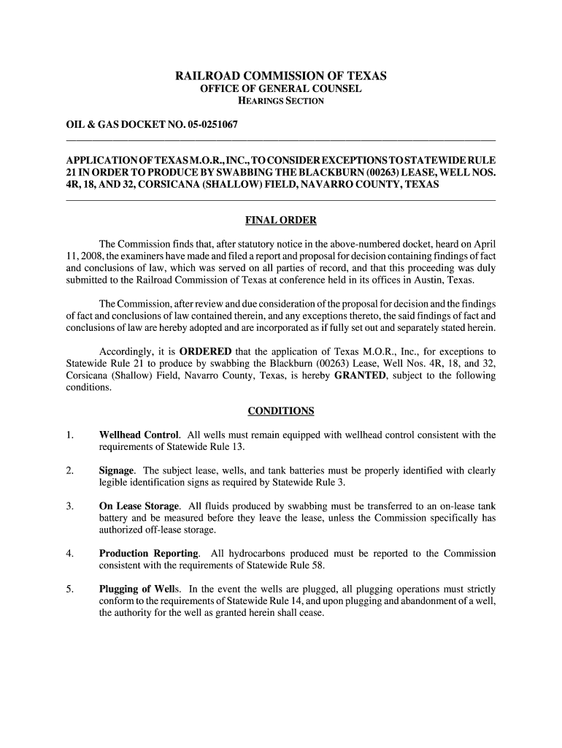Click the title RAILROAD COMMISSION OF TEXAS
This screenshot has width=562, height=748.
coord(281,75)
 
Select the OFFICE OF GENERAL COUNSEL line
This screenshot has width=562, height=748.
coord(281,88)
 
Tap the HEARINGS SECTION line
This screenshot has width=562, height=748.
coord(281,101)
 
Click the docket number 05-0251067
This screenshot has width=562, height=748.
coord(212,126)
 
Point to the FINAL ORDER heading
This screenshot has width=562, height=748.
coord(281,221)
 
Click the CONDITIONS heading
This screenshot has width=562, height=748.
coord(281,411)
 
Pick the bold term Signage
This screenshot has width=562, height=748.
coord(117,470)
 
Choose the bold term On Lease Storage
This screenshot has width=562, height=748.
coord(139,505)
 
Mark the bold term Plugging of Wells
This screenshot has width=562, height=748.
coord(140,589)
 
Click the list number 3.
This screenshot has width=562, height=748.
coord(69,505)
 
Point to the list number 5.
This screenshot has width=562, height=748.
coord(69,589)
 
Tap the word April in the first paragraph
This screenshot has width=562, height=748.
coord(483,243)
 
